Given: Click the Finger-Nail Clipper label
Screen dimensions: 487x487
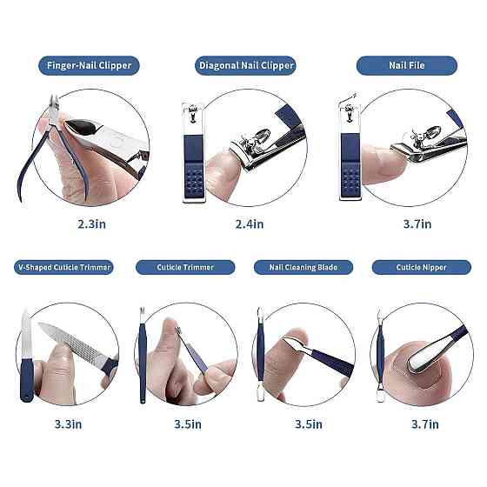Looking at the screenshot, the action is (89, 65).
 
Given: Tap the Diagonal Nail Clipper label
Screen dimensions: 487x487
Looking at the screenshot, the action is (245, 65).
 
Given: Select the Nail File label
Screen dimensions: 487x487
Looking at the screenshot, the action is (407, 65).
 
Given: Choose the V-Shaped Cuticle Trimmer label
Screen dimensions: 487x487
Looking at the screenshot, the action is (63, 268).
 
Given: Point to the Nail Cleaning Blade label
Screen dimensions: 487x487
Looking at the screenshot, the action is (304, 268).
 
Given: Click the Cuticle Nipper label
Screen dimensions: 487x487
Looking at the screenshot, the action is (422, 268).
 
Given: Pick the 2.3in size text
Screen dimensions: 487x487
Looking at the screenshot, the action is (91, 224).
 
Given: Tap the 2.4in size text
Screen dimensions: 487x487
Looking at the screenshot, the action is (250, 224).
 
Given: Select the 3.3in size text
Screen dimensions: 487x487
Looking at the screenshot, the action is (69, 424).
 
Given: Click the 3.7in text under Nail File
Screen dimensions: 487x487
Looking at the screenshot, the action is (417, 224).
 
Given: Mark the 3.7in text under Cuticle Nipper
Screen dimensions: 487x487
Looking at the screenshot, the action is (425, 424).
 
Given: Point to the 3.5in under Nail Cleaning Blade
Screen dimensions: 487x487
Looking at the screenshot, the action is (309, 424).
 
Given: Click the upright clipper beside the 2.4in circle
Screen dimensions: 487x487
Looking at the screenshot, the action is (193, 152).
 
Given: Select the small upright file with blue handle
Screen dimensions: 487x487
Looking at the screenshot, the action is (26, 355).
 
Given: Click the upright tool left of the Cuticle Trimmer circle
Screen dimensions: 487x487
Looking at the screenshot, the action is (143, 355).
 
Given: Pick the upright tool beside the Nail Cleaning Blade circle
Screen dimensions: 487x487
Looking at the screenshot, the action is (260, 354).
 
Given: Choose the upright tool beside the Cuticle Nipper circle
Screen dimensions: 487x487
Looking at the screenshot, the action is (379, 356).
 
